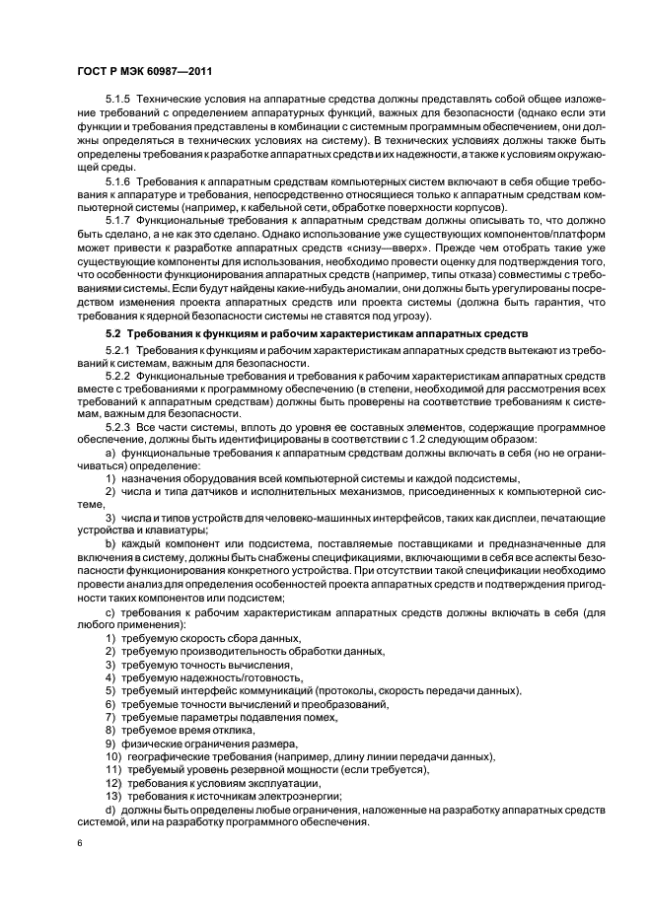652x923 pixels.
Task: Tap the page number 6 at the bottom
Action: pyautogui.click(x=78, y=844)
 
